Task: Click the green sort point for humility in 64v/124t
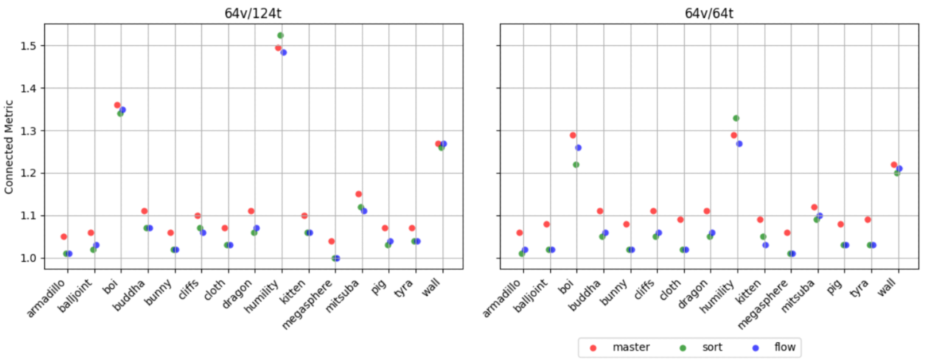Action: pos(280,35)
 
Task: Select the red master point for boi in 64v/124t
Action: pos(117,105)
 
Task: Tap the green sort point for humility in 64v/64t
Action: pos(736,118)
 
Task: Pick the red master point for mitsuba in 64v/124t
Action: pos(358,194)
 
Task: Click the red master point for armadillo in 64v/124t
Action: pos(64,237)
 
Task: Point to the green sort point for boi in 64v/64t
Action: pos(576,165)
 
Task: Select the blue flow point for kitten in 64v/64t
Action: pos(766,245)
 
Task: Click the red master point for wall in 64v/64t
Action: pos(894,165)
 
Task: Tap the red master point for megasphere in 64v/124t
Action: pos(331,241)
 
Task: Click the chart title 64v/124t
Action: pos(253,13)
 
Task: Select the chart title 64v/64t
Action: pos(708,13)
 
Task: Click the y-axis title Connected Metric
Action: pos(9,147)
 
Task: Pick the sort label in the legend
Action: pos(712,347)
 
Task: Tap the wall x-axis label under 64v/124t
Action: pos(431,288)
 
